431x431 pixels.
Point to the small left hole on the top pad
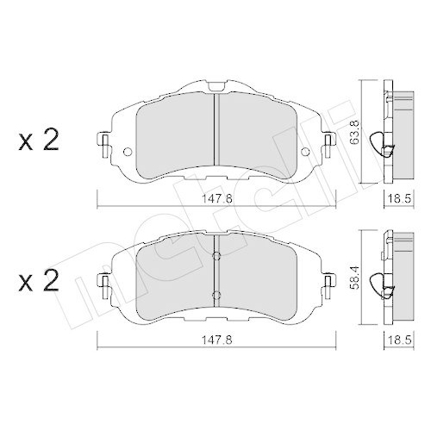[x=128, y=154]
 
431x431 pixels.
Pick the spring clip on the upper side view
[x=376, y=142]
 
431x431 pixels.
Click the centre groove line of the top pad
[x=215, y=129]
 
